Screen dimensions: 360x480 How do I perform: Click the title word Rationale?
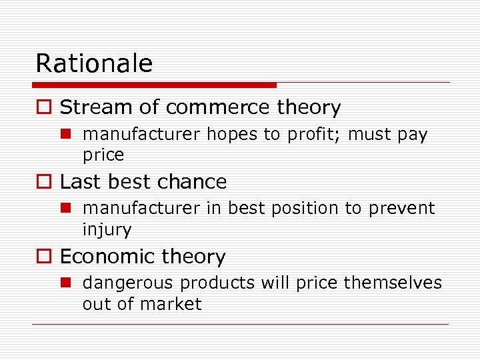(x=94, y=63)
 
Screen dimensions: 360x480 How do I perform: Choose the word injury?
(x=107, y=231)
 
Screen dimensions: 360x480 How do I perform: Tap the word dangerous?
(x=128, y=283)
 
